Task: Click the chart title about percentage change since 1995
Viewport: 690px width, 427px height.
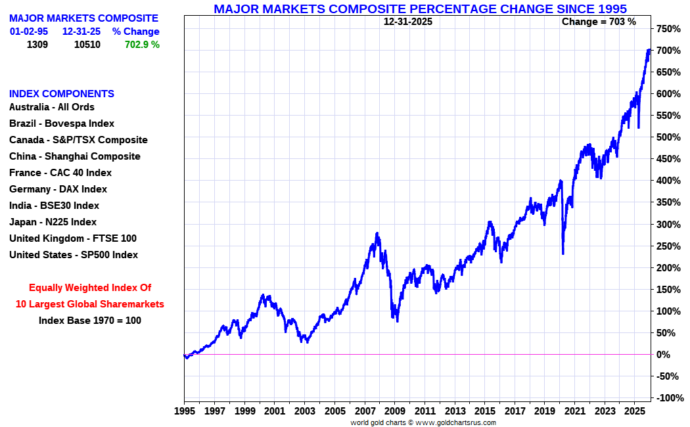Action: coord(420,9)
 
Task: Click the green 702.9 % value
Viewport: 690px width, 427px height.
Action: coord(142,45)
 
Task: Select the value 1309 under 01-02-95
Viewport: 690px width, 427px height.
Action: coord(37,45)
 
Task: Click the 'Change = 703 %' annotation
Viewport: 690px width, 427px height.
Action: coord(599,22)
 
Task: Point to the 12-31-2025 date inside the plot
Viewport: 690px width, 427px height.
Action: coord(408,22)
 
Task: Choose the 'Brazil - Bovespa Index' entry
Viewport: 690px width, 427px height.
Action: coord(62,124)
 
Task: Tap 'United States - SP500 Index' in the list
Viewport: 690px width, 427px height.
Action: coord(74,255)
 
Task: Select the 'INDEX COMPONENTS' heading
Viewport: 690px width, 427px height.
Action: coord(62,94)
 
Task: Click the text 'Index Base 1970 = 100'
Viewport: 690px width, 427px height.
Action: coord(90,321)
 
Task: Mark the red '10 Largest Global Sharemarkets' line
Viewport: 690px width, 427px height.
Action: coord(90,304)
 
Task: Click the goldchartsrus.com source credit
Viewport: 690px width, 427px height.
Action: coord(423,422)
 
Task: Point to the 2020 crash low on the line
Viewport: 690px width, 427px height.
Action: coord(563,253)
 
